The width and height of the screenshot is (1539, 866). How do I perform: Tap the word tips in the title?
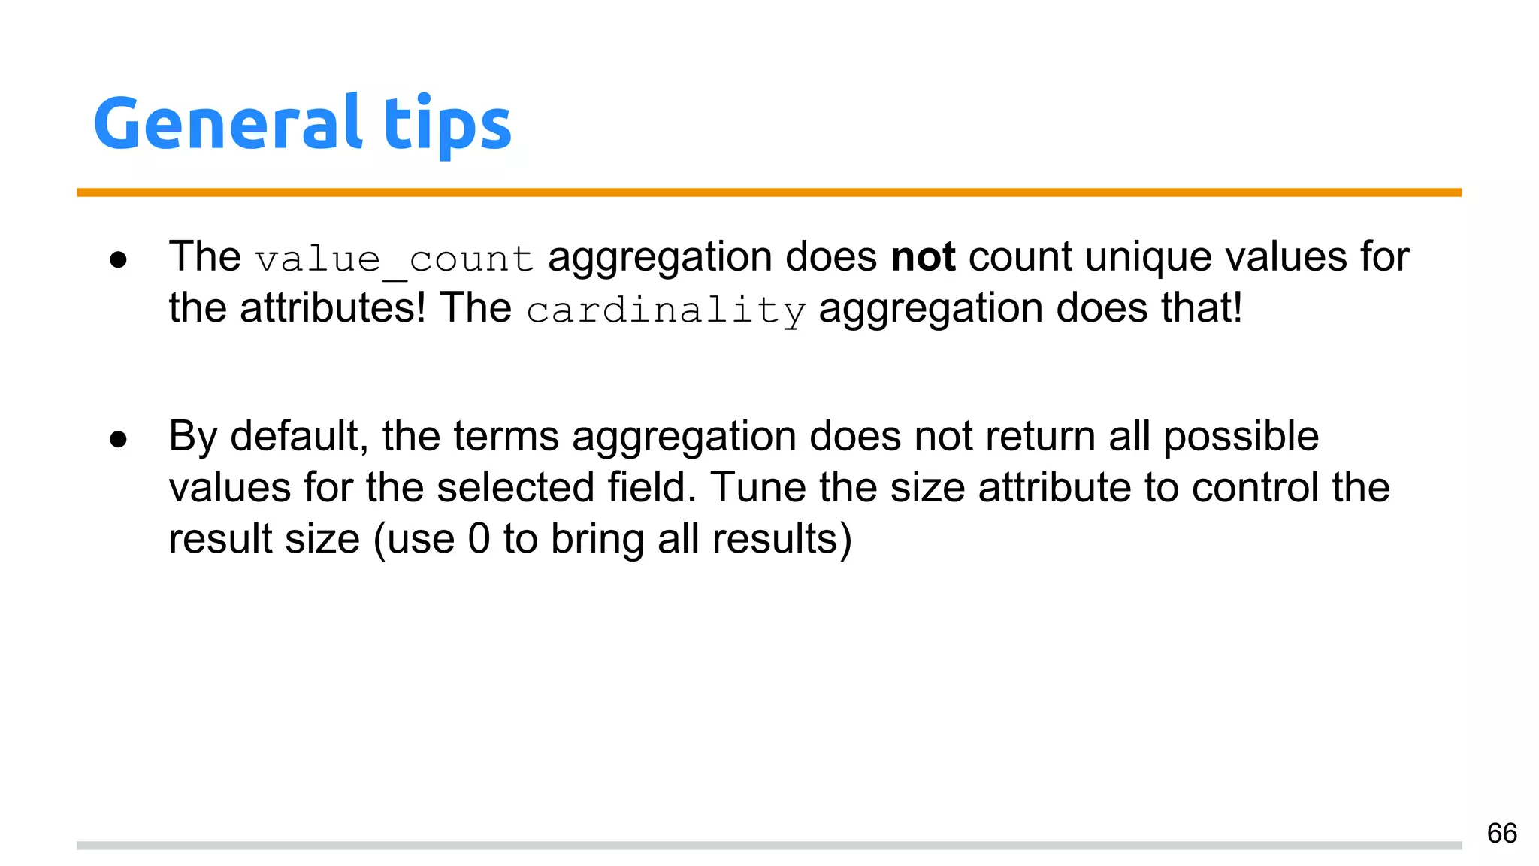coord(447,123)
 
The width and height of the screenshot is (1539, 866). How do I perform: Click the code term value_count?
coord(394,259)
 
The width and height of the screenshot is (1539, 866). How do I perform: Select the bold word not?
coord(923,257)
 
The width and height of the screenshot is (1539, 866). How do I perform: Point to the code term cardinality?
coord(666,310)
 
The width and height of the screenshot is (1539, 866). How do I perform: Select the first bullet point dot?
coord(118,260)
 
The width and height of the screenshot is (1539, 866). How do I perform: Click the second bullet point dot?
coord(118,439)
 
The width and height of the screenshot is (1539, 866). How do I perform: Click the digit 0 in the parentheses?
coord(479,539)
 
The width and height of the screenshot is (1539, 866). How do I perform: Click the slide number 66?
coord(1501,833)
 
